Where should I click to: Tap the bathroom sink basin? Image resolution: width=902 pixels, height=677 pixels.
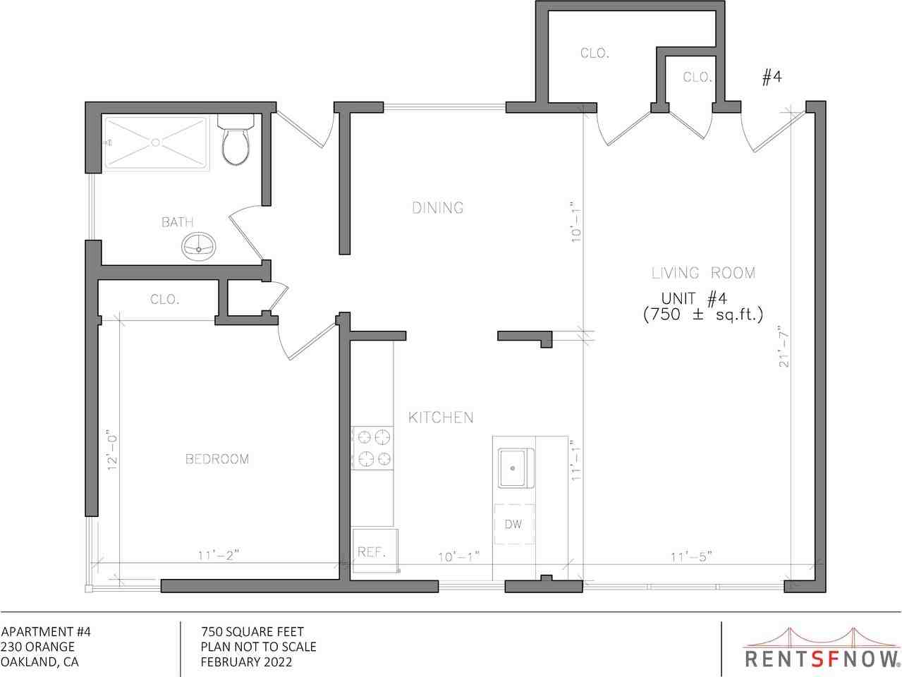click(199, 246)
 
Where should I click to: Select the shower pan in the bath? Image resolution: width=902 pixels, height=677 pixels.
click(157, 143)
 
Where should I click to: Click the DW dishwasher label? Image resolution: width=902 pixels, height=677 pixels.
click(513, 524)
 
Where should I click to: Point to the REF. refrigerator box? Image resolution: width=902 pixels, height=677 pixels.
click(372, 550)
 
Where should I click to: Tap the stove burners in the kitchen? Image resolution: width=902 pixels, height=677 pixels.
click(374, 448)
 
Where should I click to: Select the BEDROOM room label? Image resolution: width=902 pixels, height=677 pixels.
click(217, 459)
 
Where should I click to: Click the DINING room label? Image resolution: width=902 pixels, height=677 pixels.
click(437, 207)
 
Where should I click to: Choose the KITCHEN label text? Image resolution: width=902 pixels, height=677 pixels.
click(441, 417)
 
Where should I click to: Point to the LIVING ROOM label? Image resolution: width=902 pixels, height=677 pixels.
click(702, 273)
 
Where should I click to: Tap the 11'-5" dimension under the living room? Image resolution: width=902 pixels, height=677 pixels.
click(690, 556)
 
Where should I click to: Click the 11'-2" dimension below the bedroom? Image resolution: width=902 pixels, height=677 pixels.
click(219, 556)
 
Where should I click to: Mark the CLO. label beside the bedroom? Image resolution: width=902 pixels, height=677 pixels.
click(164, 299)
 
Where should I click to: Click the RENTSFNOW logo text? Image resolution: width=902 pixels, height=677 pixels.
click(822, 658)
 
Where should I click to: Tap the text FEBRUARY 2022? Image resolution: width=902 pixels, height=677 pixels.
click(246, 662)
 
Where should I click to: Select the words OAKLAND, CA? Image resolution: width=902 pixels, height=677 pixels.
click(39, 662)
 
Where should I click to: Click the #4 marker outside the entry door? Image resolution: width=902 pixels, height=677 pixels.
click(772, 78)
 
